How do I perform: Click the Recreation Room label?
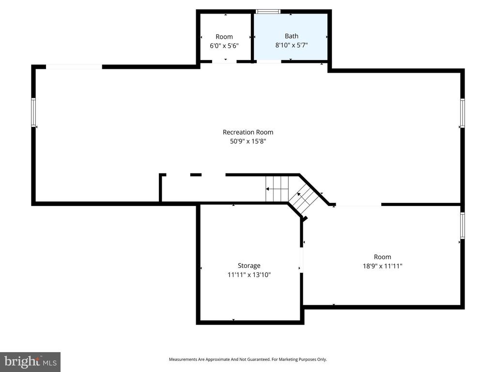pos(248,132)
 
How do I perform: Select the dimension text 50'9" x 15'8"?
pos(248,141)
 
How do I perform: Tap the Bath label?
pos(292,36)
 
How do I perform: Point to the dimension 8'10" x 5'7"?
pos(292,45)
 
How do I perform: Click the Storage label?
pos(249,265)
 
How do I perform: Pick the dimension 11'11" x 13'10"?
pos(249,275)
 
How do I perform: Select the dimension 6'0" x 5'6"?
pos(224,46)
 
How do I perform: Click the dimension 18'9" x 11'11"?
pos(382,266)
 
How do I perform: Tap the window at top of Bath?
pos(268,12)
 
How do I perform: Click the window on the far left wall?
pos(34,112)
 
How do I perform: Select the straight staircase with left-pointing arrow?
pos(277,189)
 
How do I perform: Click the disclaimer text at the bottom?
pos(248,359)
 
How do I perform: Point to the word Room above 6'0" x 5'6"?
pos(224,37)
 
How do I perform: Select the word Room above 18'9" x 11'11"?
pos(382,257)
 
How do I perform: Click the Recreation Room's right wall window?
pos(462,113)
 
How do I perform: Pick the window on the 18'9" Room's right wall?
pos(462,226)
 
